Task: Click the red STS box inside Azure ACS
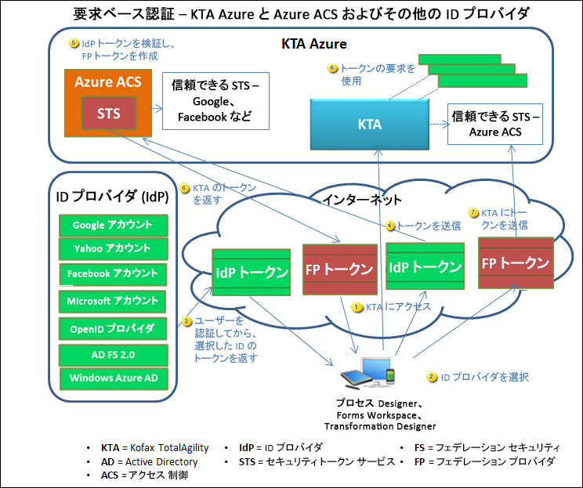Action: click(109, 113)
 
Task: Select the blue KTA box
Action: click(369, 124)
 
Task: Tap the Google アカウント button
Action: click(113, 225)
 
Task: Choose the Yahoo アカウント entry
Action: click(113, 249)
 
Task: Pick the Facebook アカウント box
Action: click(113, 274)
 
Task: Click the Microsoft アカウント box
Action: click(113, 301)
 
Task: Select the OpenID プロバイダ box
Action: click(113, 328)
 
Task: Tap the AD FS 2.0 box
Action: click(113, 355)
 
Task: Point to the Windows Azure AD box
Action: click(113, 378)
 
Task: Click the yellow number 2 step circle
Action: click(432, 377)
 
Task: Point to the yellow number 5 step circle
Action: click(74, 43)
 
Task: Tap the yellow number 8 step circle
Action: click(332, 68)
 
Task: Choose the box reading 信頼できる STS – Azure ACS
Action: click(495, 124)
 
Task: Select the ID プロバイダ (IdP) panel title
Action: click(112, 196)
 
